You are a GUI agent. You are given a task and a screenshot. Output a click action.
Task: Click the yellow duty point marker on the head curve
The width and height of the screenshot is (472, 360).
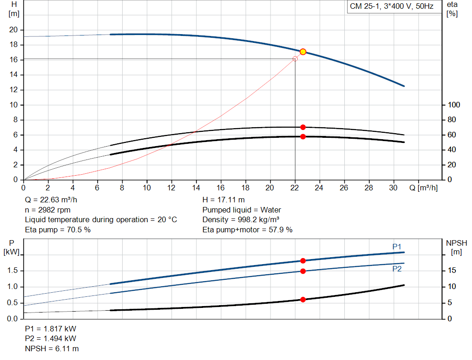click(303, 52)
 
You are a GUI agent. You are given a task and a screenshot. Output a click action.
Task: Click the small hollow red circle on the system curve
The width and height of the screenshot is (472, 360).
click(295, 59)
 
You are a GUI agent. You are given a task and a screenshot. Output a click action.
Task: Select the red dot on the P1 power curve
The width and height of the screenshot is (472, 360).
click(303, 261)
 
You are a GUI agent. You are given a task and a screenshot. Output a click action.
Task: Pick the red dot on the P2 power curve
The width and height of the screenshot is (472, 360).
click(303, 271)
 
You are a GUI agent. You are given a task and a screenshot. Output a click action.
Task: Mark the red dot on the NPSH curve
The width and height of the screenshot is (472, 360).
click(303, 300)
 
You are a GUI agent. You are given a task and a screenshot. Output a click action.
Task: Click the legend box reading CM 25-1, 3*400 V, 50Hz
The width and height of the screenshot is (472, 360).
click(391, 7)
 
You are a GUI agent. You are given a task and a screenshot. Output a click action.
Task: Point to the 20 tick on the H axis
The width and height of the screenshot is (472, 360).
click(13, 30)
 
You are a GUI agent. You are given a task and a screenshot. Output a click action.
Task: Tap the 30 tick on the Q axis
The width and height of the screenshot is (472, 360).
click(393, 188)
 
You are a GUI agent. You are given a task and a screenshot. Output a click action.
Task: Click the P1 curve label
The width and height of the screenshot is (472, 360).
click(397, 247)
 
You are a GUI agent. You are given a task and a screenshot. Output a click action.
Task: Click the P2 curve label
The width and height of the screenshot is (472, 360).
click(397, 269)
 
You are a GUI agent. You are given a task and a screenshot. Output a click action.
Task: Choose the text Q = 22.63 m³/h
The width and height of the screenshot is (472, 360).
click(51, 200)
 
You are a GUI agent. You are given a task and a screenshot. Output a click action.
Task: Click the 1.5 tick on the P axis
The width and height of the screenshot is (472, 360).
click(13, 271)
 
